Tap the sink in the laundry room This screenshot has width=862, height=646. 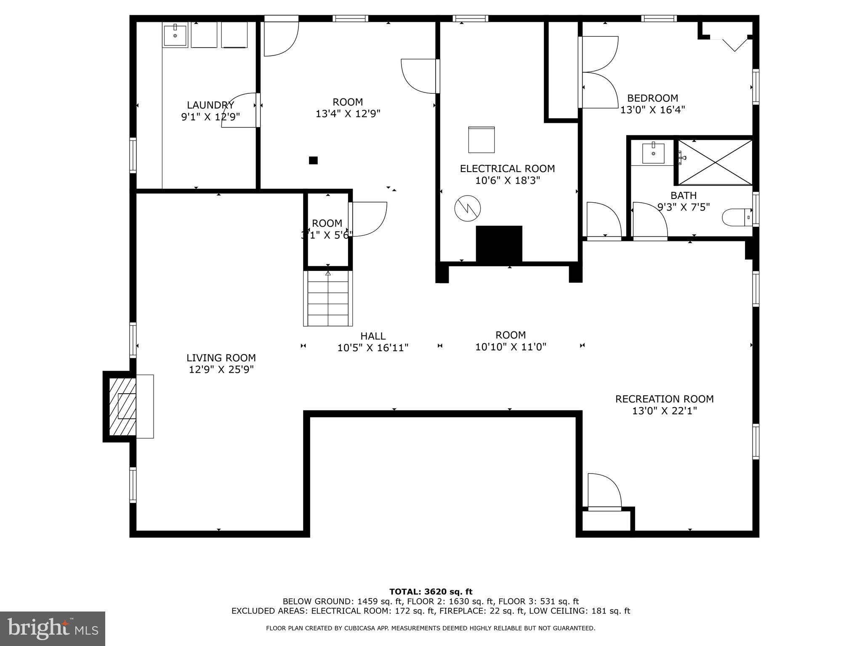click(175, 35)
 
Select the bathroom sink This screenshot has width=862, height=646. click(653, 154)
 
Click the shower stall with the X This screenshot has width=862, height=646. click(715, 162)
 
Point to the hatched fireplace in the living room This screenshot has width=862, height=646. click(122, 406)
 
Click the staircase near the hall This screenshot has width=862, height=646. click(328, 298)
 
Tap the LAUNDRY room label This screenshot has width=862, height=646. click(210, 105)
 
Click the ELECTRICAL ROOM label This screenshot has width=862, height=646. click(507, 169)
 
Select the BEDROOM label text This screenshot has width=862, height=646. click(652, 98)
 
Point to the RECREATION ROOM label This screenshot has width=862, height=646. click(665, 399)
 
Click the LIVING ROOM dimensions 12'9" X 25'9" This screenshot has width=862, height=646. click(221, 370)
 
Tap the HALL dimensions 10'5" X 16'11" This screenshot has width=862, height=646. click(373, 348)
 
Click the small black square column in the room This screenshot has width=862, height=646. click(313, 160)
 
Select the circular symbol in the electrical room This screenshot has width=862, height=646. click(468, 208)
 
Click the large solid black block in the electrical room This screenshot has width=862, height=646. click(499, 244)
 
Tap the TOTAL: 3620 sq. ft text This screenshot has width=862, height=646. click(431, 592)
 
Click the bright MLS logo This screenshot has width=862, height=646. click(53, 628)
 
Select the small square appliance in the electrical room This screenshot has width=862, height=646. click(482, 140)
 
